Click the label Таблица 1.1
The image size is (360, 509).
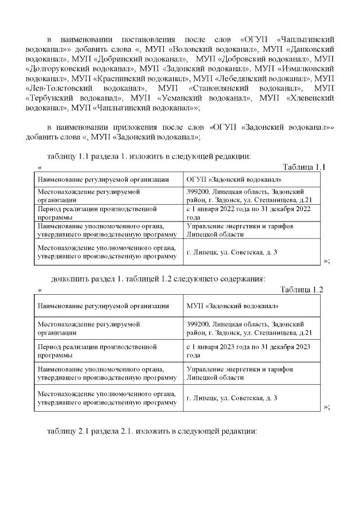coord(304,167)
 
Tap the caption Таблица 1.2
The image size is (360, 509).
coord(301,290)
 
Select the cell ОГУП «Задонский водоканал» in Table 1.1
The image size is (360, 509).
coord(233,179)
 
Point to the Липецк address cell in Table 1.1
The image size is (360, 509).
coord(231,252)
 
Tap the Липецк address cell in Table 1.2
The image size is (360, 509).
coord(231,399)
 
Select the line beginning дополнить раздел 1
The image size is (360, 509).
coord(158,278)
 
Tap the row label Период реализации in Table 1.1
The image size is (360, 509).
coord(96,213)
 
